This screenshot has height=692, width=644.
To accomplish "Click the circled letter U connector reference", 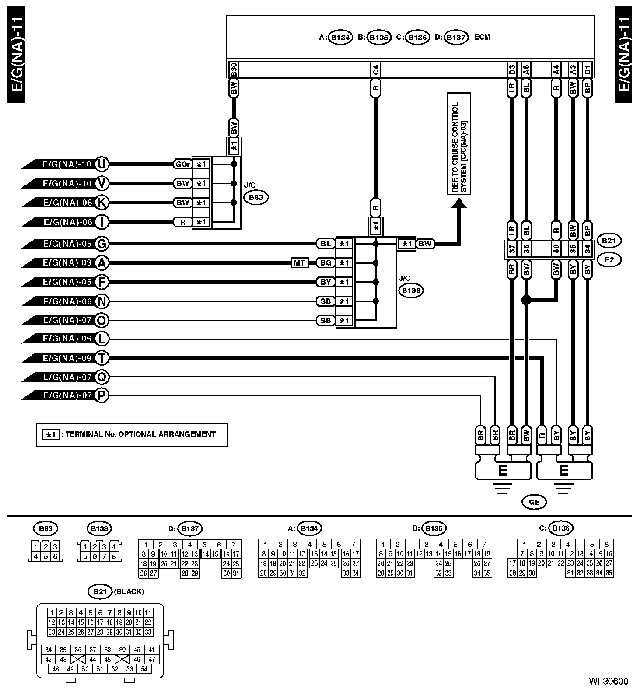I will point(101,164).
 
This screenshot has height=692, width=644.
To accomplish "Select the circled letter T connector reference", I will point(101,358).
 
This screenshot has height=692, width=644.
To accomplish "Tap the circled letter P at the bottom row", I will point(101,396).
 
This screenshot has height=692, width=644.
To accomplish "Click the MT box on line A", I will point(299,263).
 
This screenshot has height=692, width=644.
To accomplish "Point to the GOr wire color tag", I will point(182,164).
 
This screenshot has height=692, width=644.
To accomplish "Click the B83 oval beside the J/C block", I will point(256,197).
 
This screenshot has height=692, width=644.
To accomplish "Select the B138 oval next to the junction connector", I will point(410,290).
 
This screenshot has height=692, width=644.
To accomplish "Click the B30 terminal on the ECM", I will point(233,70).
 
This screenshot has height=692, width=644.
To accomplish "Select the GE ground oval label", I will point(534,502).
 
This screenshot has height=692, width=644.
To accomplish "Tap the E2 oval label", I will point(609,260).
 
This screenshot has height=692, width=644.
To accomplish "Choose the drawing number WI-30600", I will point(608,682).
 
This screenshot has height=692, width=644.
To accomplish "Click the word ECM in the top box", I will point(482,37).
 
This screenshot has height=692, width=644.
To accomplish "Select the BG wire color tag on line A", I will point(326,263).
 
